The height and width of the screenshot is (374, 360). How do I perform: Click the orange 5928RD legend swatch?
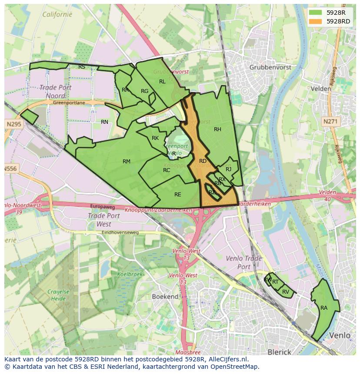pyautogui.click(x=316, y=21)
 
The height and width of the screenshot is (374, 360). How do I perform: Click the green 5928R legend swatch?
pyautogui.click(x=316, y=13)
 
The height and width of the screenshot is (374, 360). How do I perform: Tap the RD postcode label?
pyautogui.click(x=203, y=161)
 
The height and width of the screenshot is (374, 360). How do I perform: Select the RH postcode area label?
pyautogui.click(x=217, y=129)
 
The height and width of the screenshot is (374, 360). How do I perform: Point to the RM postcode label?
pyautogui.click(x=127, y=162)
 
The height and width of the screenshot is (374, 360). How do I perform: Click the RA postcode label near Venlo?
pyautogui.click(x=324, y=308)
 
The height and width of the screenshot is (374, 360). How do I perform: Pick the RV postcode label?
pyautogui.click(x=286, y=291)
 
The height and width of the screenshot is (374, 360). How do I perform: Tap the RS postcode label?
pyautogui.click(x=82, y=67)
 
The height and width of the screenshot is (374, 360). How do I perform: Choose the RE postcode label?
pyautogui.click(x=177, y=195)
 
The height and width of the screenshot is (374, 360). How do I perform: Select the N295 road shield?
pyautogui.click(x=13, y=124)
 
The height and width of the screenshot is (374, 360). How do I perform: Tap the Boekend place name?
pyautogui.click(x=165, y=296)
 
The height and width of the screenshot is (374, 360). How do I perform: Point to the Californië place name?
pyautogui.click(x=57, y=14)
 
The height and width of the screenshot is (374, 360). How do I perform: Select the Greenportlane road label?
pyautogui.click(x=69, y=103)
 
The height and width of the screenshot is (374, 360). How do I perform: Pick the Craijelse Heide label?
pyautogui.click(x=58, y=295)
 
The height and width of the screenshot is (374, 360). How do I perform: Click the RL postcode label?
pyautogui.click(x=162, y=82)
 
